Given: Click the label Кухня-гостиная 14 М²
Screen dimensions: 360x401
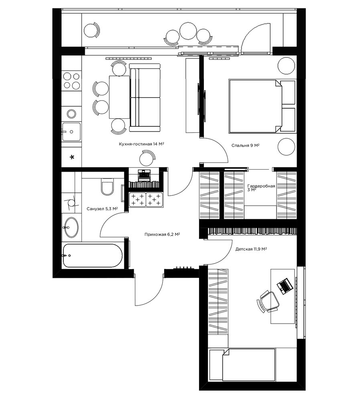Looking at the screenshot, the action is click(x=141, y=144).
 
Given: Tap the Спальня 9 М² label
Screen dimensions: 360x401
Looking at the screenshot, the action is click(x=245, y=145).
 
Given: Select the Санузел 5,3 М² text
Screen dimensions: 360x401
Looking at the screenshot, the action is click(x=102, y=209).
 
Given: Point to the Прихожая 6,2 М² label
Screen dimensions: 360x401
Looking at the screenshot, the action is click(x=162, y=234).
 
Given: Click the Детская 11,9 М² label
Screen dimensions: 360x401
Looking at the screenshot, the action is click(x=251, y=249).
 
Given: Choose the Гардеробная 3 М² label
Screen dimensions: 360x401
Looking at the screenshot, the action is click(x=261, y=188).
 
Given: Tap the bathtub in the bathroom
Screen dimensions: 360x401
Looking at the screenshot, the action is click(x=93, y=255).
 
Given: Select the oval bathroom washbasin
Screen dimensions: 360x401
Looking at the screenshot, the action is click(x=71, y=227).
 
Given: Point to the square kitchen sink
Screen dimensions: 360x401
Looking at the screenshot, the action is click(x=71, y=132).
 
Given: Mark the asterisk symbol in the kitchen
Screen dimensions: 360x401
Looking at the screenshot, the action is click(x=72, y=157).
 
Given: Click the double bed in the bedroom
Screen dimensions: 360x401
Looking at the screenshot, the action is click(x=262, y=106).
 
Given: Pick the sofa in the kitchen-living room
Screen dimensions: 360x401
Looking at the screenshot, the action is click(x=145, y=97).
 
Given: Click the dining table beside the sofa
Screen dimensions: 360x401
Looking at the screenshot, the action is click(x=119, y=97).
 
